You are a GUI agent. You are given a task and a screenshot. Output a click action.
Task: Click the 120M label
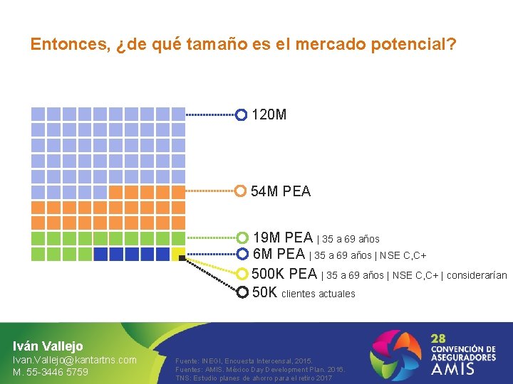coord(269,114)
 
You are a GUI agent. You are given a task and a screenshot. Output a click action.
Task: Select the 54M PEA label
coord(281,191)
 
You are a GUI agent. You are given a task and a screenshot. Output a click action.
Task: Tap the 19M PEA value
coord(283,238)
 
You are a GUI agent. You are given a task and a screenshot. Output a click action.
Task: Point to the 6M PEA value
coord(279,254)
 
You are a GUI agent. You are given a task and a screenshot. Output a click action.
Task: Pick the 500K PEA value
coord(285,274)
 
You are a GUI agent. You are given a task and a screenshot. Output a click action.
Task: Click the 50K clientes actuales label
coord(304,292)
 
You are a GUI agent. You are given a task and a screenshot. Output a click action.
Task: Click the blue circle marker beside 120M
coord(242,114)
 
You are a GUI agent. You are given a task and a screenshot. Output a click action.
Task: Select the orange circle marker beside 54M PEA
coord(241,191)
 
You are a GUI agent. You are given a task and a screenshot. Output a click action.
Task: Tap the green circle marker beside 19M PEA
coord(242,238)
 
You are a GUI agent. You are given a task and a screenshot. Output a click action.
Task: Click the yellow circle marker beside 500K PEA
coord(242,274)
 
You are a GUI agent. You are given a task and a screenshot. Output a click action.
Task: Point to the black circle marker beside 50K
coord(242,292)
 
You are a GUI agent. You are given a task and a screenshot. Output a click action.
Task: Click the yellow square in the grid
coord(179,254)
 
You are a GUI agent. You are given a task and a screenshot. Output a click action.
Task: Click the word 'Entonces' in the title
coord(70,44)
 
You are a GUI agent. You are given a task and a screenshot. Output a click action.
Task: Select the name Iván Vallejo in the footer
coord(48,346)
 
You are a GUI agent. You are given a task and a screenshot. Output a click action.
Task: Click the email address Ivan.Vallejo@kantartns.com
coord(75,360)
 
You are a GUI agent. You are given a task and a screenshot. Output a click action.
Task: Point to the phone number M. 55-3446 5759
coord(51,372)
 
